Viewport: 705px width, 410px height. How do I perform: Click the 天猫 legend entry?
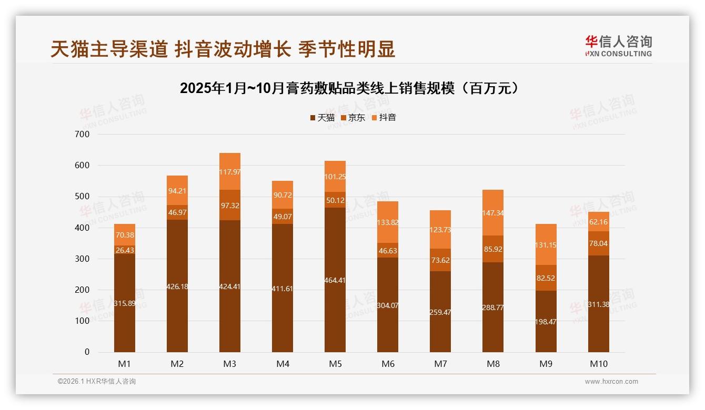coord(323,118)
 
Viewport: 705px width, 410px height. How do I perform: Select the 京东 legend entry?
coord(353,118)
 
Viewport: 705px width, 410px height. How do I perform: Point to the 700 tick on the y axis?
coord(83,134)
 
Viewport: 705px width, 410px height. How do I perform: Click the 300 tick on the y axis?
coord(83,259)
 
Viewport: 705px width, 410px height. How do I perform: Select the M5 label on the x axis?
coord(335,364)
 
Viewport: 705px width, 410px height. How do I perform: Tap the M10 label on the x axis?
coord(598,364)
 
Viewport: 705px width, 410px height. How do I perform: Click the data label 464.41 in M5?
coord(335,280)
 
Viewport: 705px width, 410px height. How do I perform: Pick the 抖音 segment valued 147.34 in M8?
coord(493,212)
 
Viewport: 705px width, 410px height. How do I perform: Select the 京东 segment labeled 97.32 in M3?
coord(230,205)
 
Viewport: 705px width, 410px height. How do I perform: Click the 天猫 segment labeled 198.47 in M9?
coord(546,321)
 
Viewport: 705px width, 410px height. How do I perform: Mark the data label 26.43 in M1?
coord(125,250)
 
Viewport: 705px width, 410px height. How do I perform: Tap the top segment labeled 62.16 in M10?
coord(599,221)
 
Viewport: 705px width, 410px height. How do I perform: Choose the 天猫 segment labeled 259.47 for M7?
coord(440,312)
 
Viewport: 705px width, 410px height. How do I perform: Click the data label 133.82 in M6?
coord(388,223)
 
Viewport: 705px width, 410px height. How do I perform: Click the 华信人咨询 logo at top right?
coord(618,46)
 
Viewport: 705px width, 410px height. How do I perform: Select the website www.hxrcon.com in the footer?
coord(611,382)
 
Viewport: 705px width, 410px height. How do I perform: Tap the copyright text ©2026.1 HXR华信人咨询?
coord(97,382)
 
